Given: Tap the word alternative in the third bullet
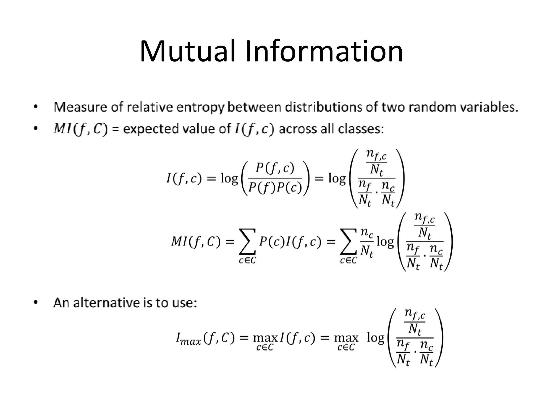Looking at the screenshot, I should (107, 303).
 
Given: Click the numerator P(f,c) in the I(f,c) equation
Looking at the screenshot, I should (275, 169).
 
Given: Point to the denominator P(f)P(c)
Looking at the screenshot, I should (275, 188).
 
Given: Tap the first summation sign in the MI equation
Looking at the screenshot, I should (247, 242).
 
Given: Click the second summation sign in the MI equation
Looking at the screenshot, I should (348, 242).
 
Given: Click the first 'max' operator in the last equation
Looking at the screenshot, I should (265, 338).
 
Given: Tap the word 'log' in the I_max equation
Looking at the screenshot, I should (375, 338).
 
